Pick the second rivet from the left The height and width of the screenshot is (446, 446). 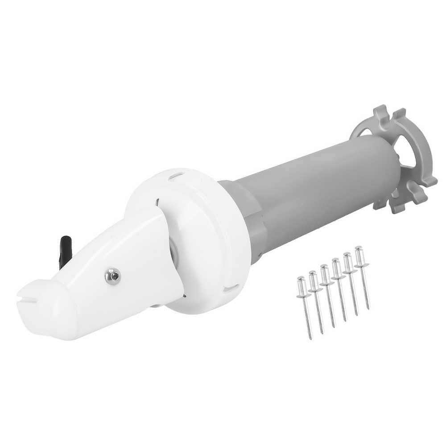[317, 301]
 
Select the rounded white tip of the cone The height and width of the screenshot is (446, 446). [42, 312]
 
